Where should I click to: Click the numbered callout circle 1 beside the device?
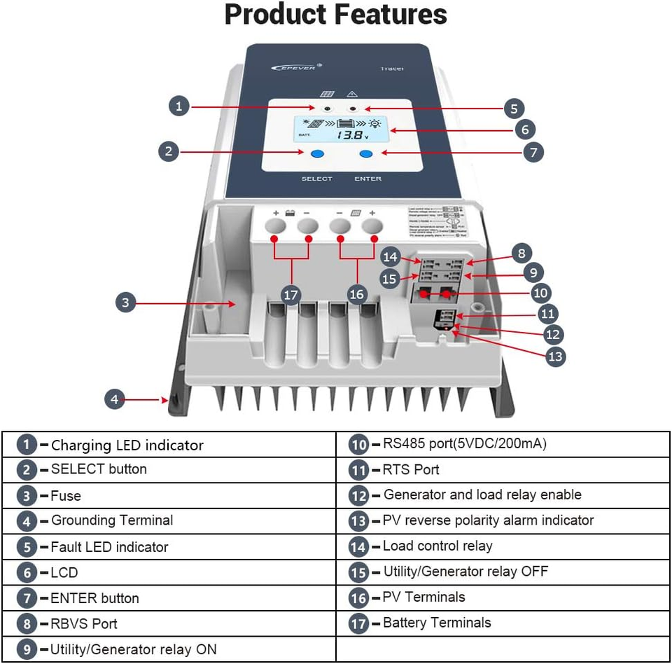pos(179,106)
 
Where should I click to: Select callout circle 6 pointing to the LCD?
pos(524,129)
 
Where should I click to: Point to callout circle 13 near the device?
pos(555,356)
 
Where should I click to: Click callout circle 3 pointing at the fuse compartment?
pos(125,303)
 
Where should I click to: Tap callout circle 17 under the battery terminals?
pos(291,294)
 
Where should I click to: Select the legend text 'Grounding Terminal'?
pos(112,520)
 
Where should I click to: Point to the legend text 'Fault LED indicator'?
pos(109,546)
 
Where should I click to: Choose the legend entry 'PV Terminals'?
pos(424,597)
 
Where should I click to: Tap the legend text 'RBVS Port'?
pos(84,623)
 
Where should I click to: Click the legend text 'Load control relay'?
pos(437,546)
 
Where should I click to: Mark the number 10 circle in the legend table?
pos(359,444)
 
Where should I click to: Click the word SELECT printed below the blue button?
pos(316,179)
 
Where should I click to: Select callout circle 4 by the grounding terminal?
pos(115,399)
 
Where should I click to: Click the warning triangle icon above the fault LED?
pos(353,94)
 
